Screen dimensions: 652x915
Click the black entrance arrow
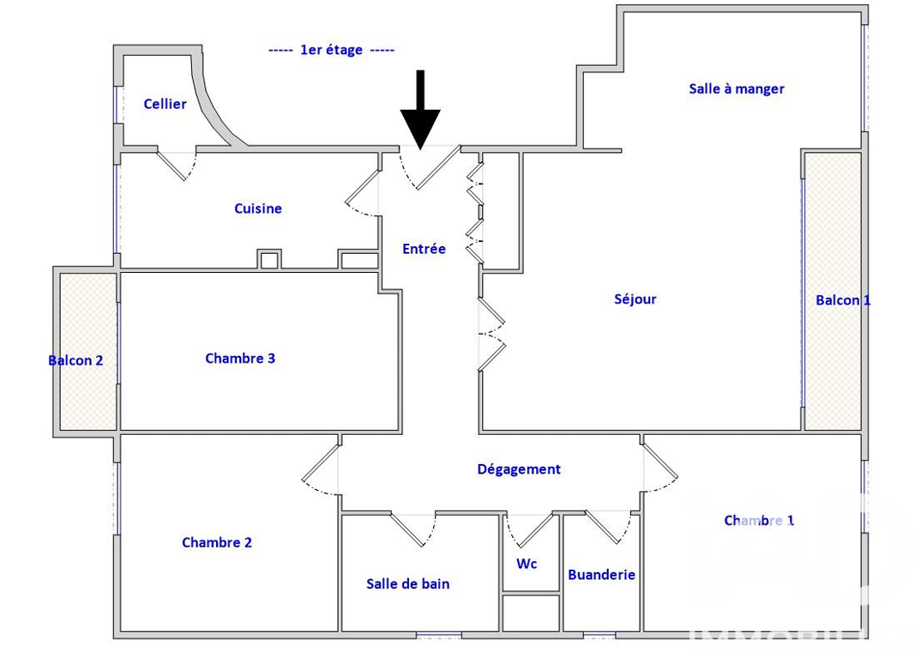pyautogui.click(x=420, y=112)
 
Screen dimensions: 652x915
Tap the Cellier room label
pyautogui.click(x=165, y=104)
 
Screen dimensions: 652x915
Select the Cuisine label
pyautogui.click(x=258, y=208)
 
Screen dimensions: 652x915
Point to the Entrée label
pyautogui.click(x=424, y=249)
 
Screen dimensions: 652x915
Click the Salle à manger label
pyautogui.click(x=737, y=88)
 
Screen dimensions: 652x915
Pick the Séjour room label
pyautogui.click(x=635, y=299)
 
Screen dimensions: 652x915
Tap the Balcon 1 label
pyautogui.click(x=842, y=300)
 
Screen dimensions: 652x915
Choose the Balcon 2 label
pyautogui.click(x=75, y=360)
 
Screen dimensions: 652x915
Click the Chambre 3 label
pyautogui.click(x=240, y=358)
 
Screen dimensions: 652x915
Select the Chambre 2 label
pyautogui.click(x=217, y=542)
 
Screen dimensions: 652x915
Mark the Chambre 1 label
pyautogui.click(x=759, y=520)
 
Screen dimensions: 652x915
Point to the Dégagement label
pyautogui.click(x=519, y=469)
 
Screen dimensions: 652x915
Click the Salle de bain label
pyautogui.click(x=407, y=583)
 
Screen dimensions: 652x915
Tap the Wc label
pyautogui.click(x=527, y=564)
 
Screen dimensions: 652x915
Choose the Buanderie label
pyautogui.click(x=601, y=575)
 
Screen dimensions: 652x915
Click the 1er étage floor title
pyautogui.click(x=331, y=51)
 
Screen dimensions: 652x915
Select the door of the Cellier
pyautogui.click(x=177, y=163)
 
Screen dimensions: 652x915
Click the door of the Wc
pyautogui.click(x=531, y=528)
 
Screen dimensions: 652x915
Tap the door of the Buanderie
pyautogui.click(x=609, y=525)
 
